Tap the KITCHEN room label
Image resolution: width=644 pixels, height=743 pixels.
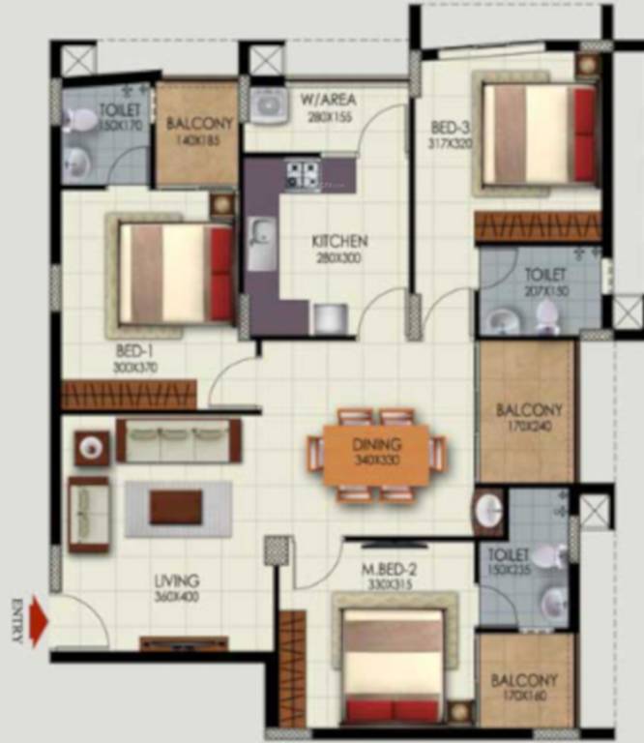click(x=338, y=241)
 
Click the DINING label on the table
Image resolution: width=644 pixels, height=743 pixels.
click(x=377, y=445)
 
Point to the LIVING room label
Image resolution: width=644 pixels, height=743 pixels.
click(x=177, y=581)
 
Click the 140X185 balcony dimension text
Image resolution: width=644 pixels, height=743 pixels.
click(x=197, y=139)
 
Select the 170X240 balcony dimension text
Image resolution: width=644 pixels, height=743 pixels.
click(x=529, y=425)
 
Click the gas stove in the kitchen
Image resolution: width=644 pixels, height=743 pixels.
click(x=304, y=173)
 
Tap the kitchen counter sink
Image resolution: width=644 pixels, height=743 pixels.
click(x=261, y=242)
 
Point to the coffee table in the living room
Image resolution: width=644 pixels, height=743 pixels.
click(x=176, y=506)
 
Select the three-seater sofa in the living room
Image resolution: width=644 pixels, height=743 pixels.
click(x=178, y=441)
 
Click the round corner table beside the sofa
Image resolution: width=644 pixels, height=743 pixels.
click(x=92, y=448)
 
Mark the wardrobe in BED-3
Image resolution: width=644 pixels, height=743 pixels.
click(x=537, y=227)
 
